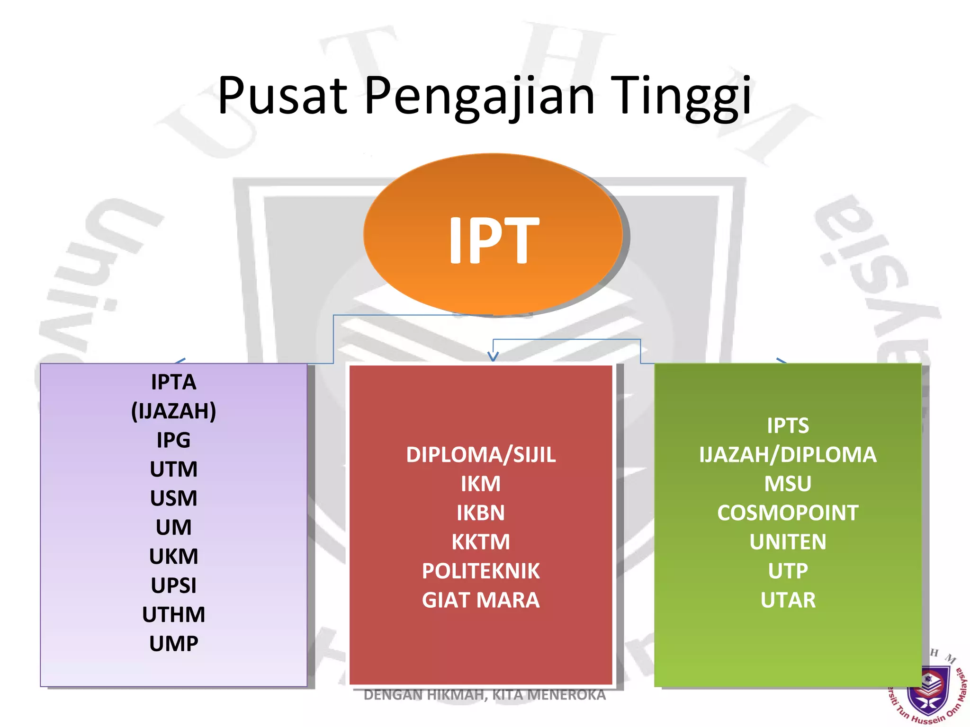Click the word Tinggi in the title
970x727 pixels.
(x=680, y=97)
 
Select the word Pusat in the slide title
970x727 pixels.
(x=282, y=97)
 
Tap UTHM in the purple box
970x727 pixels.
(x=173, y=614)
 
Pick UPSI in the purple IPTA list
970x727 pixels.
(x=173, y=585)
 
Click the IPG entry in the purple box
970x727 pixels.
(x=173, y=440)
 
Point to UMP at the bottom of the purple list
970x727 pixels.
(x=173, y=644)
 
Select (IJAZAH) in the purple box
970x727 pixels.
(x=173, y=411)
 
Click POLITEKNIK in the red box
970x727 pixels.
(x=480, y=571)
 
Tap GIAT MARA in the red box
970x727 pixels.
(x=480, y=600)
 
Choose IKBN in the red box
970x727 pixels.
(x=480, y=513)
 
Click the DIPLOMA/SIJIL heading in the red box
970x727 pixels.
(x=480, y=455)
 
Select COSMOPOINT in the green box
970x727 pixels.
(x=787, y=513)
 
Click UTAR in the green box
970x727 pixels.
(x=787, y=600)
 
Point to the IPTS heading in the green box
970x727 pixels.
(x=787, y=426)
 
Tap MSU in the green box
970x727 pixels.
(x=787, y=484)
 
